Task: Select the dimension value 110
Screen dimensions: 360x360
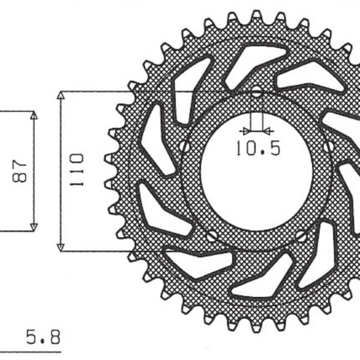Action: pos(76,171)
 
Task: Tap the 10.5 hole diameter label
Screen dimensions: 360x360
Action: pos(257,148)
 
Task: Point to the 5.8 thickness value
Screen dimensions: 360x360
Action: pos(43,335)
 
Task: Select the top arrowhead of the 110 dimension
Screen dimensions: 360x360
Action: pos(61,96)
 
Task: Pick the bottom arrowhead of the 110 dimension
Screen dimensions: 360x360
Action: pos(61,247)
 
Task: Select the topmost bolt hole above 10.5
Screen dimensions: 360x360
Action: pos(256,93)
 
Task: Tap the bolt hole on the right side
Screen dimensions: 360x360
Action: pos(328,146)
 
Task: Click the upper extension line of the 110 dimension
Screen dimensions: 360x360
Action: pos(96,91)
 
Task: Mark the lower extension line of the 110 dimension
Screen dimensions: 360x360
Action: pos(96,251)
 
